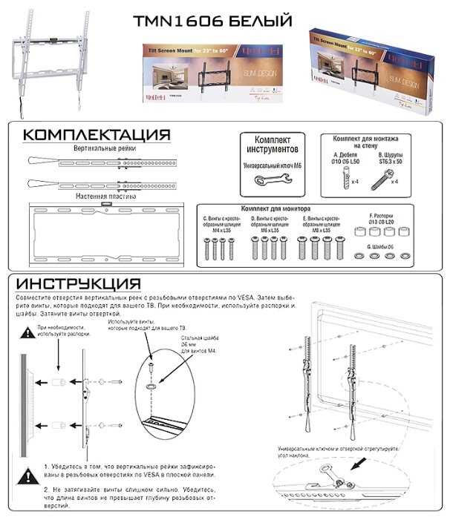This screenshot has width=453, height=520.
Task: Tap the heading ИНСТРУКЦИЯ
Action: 79,285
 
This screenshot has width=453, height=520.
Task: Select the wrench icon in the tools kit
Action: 271,180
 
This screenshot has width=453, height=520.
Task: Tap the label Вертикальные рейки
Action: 103,148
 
